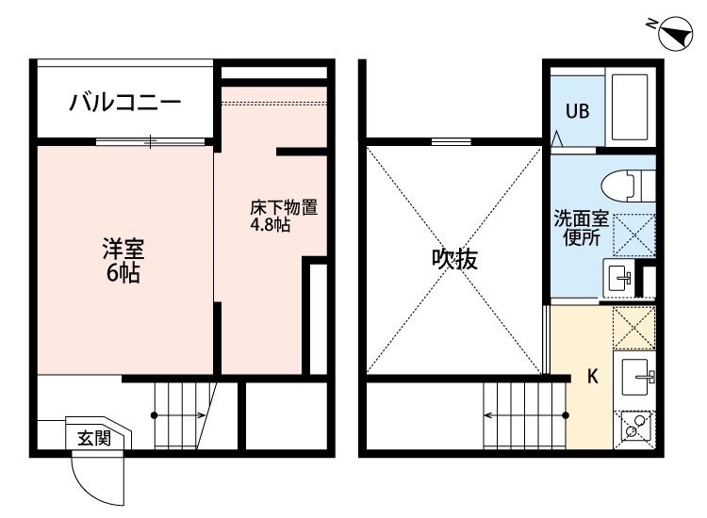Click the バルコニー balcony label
pos(124,103)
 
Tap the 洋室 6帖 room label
pos(123,261)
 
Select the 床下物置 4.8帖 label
pos(284,216)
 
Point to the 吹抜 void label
pos(454,259)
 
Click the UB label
pos(577,111)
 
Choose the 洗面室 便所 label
pos(582,228)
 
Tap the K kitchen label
pos(593,376)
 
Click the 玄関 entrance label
pos(94,438)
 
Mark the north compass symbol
pos(675,33)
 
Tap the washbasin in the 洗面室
pos(618,278)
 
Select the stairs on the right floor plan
pos(524,415)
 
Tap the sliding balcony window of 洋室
pos(150,141)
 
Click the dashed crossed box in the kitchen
pos(634,328)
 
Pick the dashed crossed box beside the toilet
pos(634,235)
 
